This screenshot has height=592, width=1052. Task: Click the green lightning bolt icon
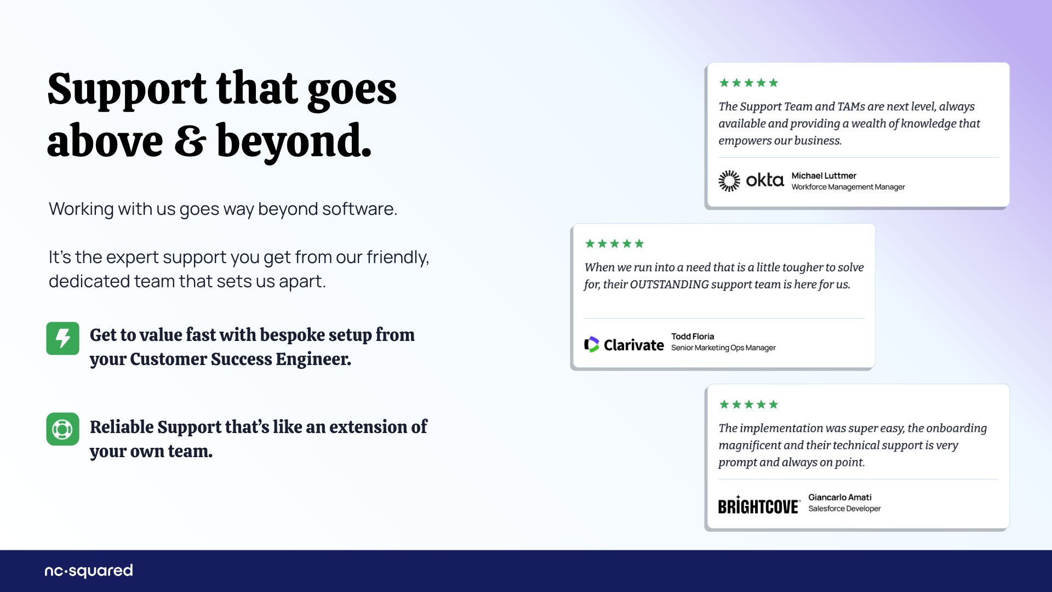62,338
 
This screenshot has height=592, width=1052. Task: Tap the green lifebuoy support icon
62,429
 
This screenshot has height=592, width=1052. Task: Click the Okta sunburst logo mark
729,180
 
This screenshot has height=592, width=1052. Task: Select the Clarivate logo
624,344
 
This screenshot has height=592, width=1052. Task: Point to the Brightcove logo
759,505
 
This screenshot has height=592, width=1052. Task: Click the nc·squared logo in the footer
89,571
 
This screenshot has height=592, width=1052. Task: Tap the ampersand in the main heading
190,141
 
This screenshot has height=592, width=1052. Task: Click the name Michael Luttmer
824,175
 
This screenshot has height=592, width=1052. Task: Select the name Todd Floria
693,336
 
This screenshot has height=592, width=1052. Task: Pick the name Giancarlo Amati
839,497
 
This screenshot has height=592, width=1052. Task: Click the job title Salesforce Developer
844,509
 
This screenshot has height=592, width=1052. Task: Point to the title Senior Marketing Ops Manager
723,348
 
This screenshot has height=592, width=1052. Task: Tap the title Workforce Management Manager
848,187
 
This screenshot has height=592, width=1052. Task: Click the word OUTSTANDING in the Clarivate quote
669,284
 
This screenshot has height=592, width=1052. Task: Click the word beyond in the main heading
294,141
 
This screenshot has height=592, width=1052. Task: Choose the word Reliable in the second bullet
121,427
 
